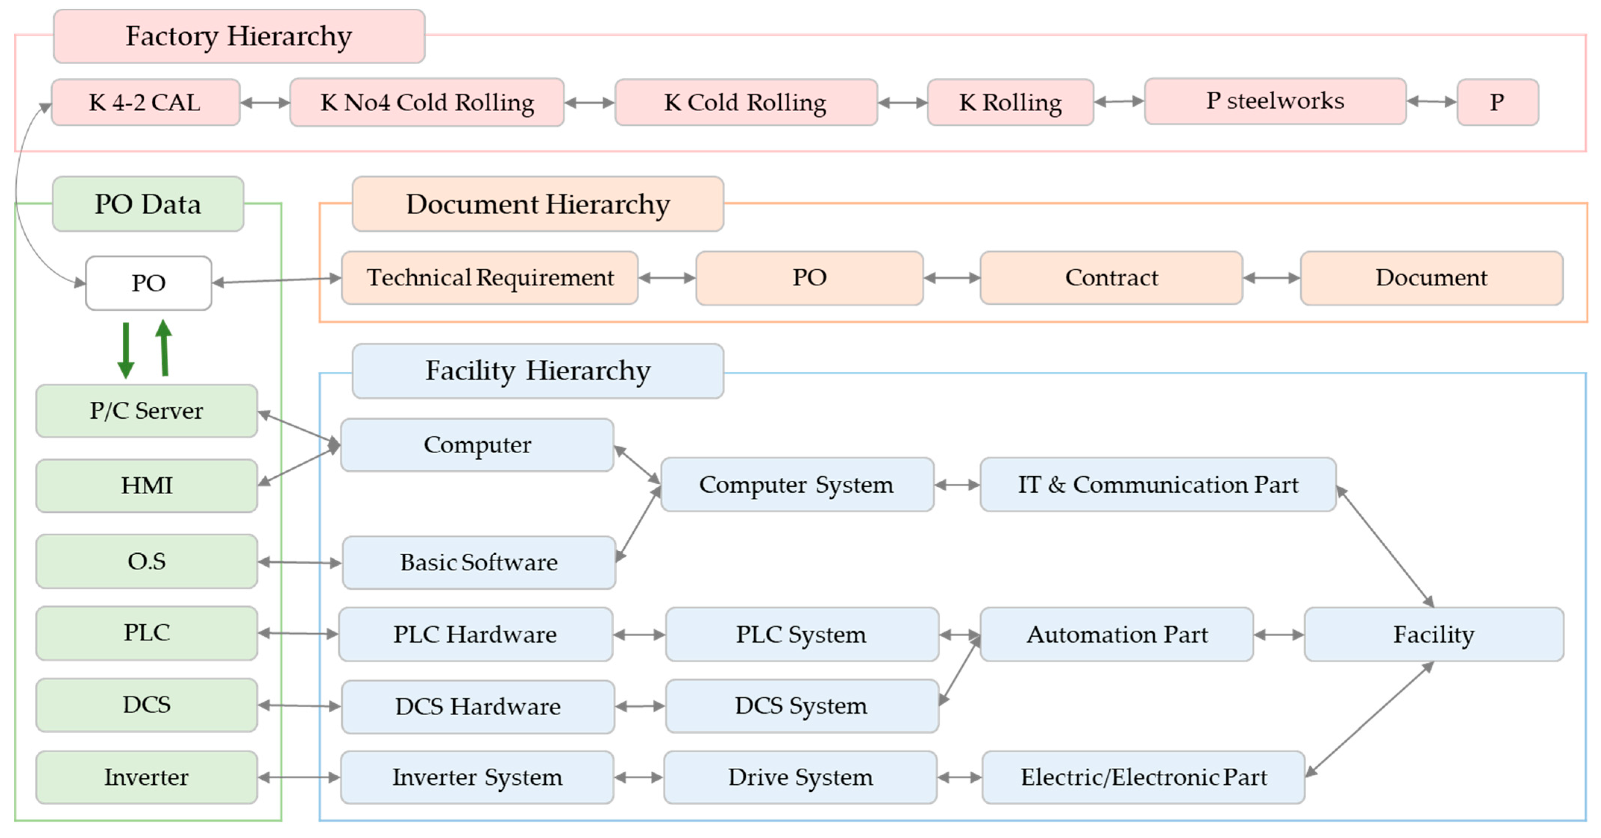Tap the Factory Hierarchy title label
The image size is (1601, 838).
pos(239,36)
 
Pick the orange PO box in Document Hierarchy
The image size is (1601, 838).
pos(809,278)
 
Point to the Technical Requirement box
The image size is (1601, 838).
pos(490,278)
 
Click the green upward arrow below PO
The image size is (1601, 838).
pos(164,348)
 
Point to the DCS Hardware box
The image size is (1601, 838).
pos(477,706)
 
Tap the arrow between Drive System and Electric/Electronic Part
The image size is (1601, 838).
pos(959,777)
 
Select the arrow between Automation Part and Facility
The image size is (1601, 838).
pos(1278,635)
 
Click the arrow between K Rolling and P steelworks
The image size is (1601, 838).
pos(1119,101)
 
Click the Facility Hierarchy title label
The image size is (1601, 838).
pos(538,371)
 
